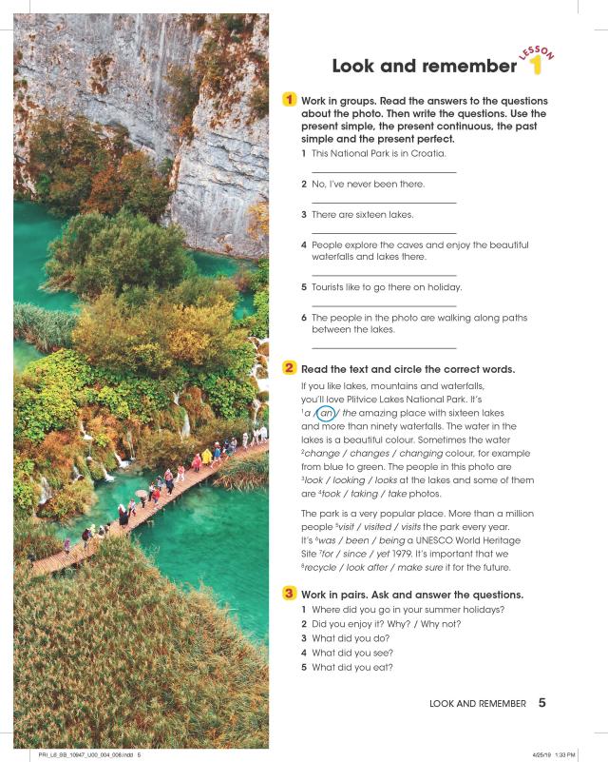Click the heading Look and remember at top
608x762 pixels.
click(x=424, y=66)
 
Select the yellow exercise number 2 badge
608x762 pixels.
click(x=289, y=368)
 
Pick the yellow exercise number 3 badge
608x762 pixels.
click(x=289, y=594)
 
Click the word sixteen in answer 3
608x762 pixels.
click(x=367, y=214)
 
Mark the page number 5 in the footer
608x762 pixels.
click(x=542, y=704)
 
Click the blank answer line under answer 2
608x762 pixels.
click(x=384, y=203)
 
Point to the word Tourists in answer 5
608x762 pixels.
click(x=332, y=286)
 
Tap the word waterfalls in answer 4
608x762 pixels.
click(x=336, y=257)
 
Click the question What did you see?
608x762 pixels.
click(x=352, y=653)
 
